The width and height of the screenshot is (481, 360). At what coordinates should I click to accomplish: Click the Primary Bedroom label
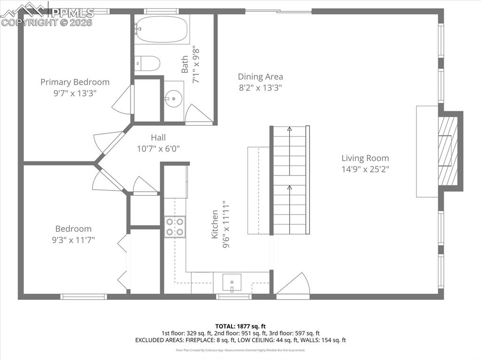coord(75,82)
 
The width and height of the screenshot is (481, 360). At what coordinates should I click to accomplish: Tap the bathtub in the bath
coord(162,29)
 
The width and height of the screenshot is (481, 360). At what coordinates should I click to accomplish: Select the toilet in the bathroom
coord(147,63)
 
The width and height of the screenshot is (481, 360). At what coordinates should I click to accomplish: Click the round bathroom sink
coord(174,99)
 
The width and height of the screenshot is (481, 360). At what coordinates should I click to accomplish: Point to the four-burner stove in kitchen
coord(175,227)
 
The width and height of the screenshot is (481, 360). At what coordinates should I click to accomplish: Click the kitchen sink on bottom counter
coord(232,283)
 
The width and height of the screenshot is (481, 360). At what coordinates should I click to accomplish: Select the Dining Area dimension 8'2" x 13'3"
coord(260,87)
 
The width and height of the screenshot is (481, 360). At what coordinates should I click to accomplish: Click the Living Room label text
coord(365,158)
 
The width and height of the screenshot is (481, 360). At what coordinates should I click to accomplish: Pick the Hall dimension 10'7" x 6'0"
coord(158,148)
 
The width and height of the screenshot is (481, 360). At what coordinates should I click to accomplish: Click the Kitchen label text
coord(215,225)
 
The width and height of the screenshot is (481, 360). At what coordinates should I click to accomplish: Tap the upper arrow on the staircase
coord(289,129)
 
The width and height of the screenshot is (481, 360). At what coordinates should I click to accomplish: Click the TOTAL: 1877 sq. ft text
coord(240,326)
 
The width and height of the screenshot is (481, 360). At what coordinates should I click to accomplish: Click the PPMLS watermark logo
coord(47,13)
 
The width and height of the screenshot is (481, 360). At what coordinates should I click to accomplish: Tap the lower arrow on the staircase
coord(289,188)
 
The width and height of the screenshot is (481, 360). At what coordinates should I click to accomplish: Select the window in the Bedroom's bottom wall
coord(84,297)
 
